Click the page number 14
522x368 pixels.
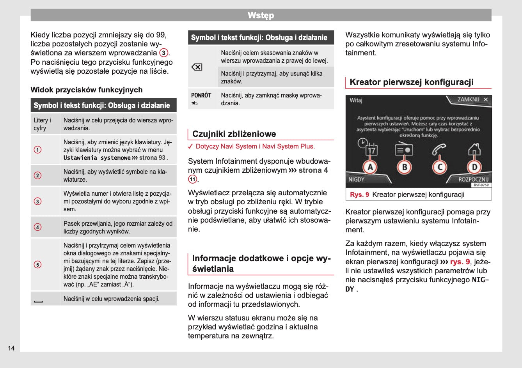[11, 348]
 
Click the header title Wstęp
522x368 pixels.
[261, 15]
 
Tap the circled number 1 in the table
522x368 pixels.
[37, 150]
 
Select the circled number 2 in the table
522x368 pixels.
[37, 175]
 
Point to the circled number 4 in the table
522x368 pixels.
[37, 227]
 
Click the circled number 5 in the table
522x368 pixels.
[37, 265]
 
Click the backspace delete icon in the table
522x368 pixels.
[197, 67]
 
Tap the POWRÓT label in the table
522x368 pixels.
[201, 95]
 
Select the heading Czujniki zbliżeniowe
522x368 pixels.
[234, 134]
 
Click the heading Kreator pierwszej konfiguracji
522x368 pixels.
[412, 82]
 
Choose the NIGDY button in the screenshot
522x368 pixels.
[356, 179]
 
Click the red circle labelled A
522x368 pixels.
[370, 167]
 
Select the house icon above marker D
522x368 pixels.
[474, 149]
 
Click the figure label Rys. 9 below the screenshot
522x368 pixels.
[359, 195]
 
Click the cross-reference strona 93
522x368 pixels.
[152, 158]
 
